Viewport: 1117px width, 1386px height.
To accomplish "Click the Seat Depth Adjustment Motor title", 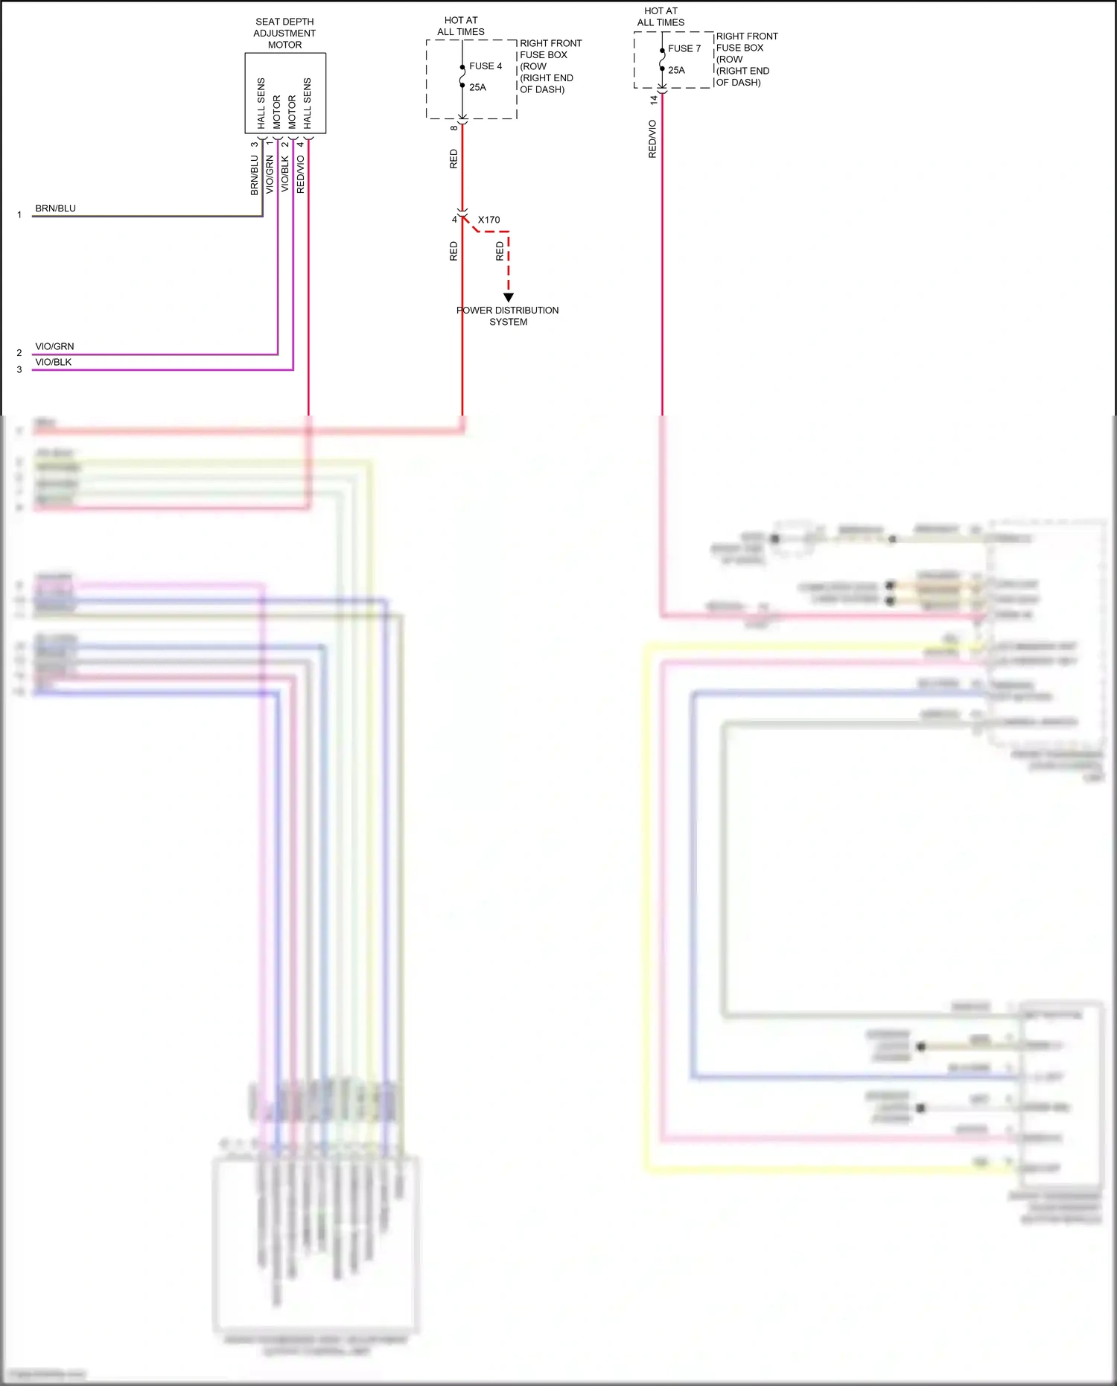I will click(284, 34).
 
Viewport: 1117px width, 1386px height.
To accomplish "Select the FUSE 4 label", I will click(486, 66).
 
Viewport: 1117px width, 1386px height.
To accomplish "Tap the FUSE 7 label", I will click(684, 48).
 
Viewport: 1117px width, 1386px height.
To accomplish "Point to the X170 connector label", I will click(489, 220).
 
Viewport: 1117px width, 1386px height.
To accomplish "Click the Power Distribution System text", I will click(508, 316).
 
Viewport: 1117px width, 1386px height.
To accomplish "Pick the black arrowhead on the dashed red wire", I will click(509, 297).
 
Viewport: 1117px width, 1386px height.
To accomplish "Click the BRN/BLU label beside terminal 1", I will click(56, 209).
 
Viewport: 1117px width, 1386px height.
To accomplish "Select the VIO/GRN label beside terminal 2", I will click(55, 346).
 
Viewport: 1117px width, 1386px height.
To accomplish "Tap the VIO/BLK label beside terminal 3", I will click(54, 362).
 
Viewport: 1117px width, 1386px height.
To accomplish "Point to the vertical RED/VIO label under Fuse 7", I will click(653, 139).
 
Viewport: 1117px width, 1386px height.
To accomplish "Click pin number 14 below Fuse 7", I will click(654, 99).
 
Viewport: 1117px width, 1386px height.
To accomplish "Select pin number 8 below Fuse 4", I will click(454, 128).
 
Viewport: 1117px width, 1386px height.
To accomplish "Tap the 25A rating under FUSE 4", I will click(477, 87).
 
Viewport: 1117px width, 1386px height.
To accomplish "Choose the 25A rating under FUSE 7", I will click(676, 70).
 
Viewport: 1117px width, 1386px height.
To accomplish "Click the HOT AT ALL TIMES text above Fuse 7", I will click(661, 16).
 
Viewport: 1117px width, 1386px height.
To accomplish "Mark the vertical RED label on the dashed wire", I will click(500, 251).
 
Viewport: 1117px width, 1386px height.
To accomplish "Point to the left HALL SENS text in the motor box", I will click(261, 103).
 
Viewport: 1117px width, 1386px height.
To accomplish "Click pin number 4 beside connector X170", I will click(454, 220).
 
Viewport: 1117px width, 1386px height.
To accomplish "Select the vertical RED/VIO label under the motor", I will click(301, 174).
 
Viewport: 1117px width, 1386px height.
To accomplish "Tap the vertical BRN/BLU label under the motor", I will click(255, 176).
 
